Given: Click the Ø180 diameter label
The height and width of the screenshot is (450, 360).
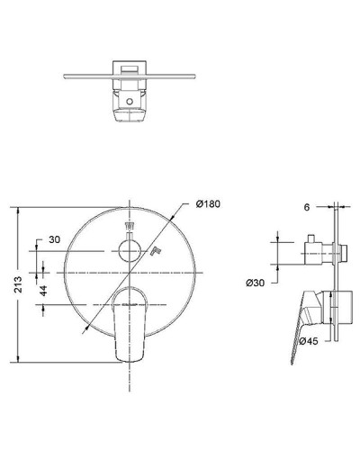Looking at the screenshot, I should (x=208, y=205).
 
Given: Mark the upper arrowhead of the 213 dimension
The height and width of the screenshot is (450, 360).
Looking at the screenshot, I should (x=17, y=209).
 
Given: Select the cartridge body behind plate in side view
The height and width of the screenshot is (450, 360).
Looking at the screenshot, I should (x=345, y=310).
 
